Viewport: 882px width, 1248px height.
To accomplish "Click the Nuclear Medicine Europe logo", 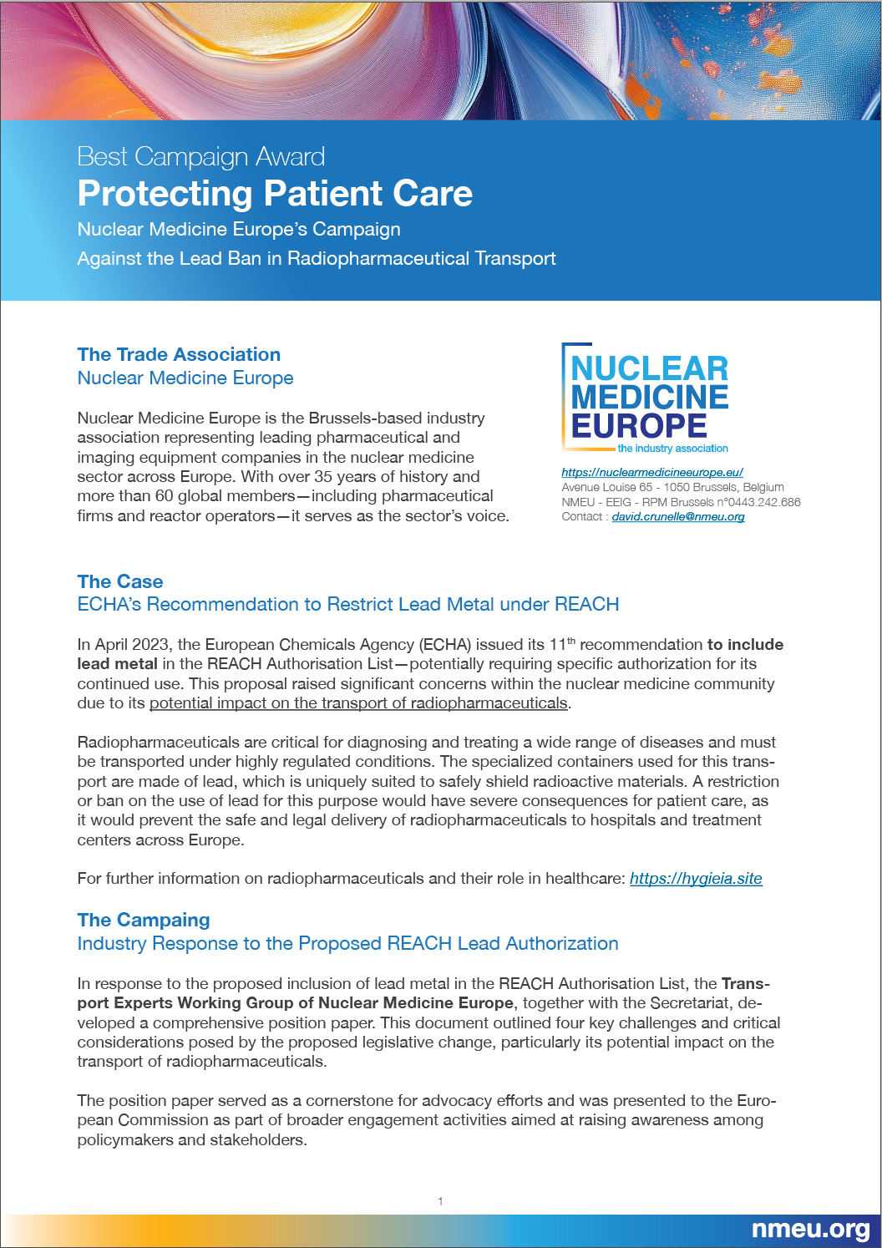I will click(x=646, y=398).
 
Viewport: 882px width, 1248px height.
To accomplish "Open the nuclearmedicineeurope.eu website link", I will click(x=651, y=472).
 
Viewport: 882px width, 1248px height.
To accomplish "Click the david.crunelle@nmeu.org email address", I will click(x=677, y=516).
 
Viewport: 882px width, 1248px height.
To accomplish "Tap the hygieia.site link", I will click(x=696, y=878).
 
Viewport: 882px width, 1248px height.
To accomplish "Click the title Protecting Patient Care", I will click(x=275, y=193).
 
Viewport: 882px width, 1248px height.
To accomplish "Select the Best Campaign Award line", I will click(x=200, y=156).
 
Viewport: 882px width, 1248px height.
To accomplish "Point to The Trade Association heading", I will click(x=179, y=354).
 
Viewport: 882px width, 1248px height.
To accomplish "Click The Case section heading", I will click(x=120, y=581).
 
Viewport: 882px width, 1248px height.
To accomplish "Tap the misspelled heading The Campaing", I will click(x=144, y=920).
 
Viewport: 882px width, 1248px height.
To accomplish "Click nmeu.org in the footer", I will click(x=810, y=1229).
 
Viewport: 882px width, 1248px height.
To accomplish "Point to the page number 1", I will click(x=440, y=1201).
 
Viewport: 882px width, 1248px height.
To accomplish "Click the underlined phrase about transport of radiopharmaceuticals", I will click(x=358, y=703).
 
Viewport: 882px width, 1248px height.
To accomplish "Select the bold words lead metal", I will click(x=117, y=663).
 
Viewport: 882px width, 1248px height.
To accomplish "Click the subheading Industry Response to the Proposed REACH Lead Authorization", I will click(x=347, y=943).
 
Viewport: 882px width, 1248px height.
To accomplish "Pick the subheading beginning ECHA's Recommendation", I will click(x=347, y=604).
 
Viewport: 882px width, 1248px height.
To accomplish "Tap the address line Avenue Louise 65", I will click(x=672, y=487).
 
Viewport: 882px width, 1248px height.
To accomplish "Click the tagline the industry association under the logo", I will click(x=672, y=449).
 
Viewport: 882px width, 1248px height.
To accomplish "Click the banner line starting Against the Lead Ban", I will click(x=317, y=258).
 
